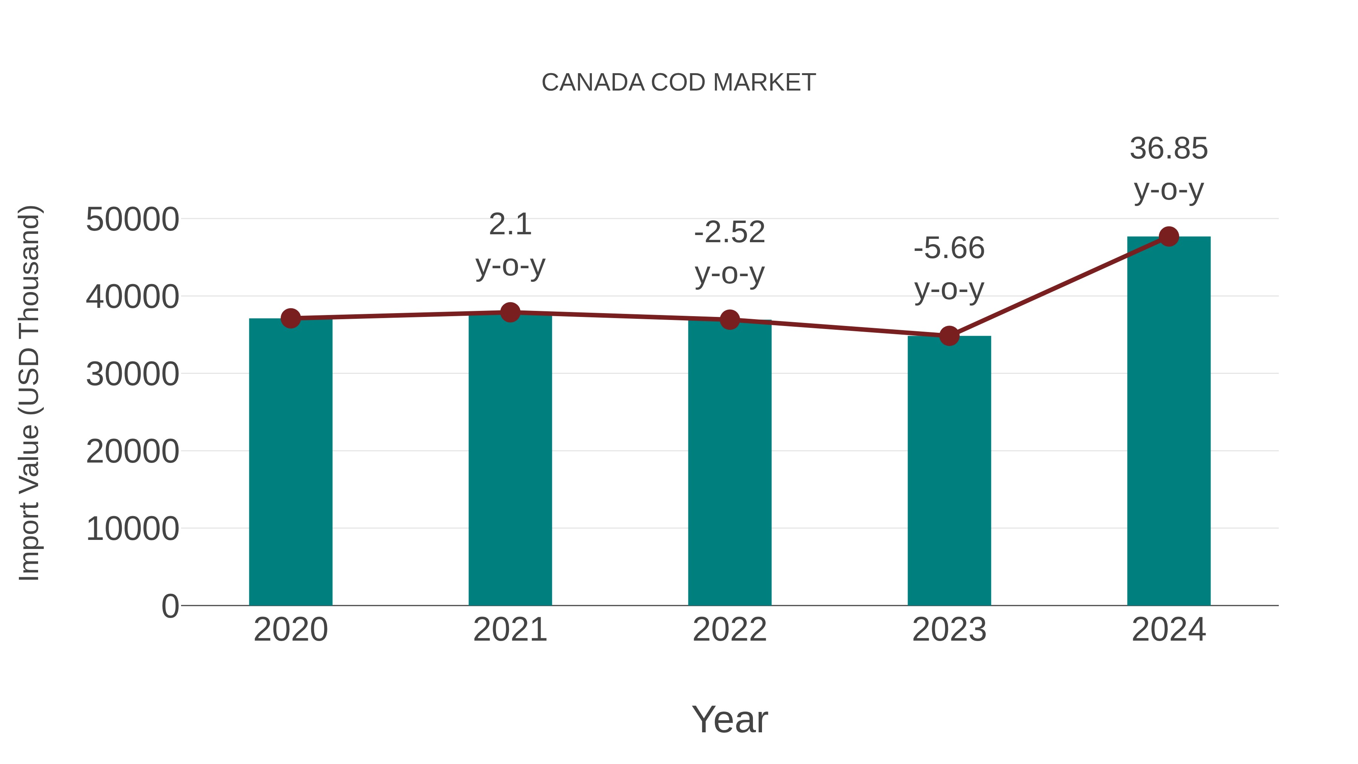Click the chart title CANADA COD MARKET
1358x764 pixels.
(679, 83)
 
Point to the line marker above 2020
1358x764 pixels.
(290, 318)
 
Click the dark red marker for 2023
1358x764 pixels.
(949, 336)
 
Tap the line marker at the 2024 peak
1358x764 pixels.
(1169, 237)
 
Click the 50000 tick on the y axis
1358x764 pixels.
(132, 219)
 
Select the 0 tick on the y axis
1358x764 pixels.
(170, 606)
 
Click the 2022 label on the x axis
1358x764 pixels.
(730, 630)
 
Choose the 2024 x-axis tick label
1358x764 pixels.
(1169, 630)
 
